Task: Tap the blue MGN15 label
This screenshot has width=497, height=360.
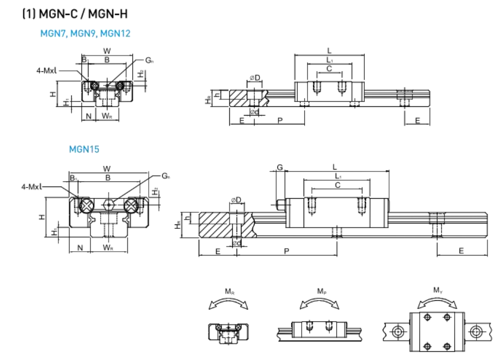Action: (84, 149)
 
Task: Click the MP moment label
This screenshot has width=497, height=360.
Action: (321, 291)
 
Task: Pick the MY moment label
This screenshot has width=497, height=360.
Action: (437, 291)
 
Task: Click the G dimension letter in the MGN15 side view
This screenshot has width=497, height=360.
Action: (279, 168)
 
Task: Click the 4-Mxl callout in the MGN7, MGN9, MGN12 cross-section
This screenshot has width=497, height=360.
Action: (47, 70)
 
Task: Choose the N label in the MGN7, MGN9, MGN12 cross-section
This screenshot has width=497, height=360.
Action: (88, 116)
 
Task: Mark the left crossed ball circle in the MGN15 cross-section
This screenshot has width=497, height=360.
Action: (86, 205)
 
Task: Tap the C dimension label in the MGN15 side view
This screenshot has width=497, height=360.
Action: (337, 185)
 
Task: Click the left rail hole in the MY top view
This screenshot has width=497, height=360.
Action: (398, 332)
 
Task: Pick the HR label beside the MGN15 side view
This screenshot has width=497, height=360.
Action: (178, 224)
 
